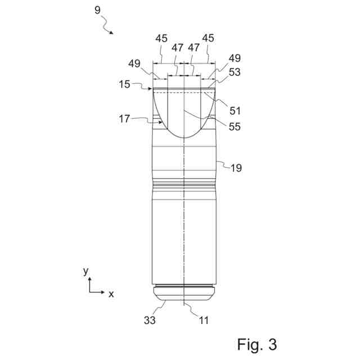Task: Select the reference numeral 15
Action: (124, 84)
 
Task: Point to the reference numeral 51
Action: (235, 111)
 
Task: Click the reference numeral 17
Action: (124, 119)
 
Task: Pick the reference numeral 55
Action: (235, 127)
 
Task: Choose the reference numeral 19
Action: (237, 167)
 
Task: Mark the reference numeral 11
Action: (203, 321)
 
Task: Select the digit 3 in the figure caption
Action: (272, 344)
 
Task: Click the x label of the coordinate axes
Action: (111, 294)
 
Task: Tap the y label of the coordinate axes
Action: (85, 271)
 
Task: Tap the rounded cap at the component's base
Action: (184, 293)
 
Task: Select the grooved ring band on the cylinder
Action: (184, 183)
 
